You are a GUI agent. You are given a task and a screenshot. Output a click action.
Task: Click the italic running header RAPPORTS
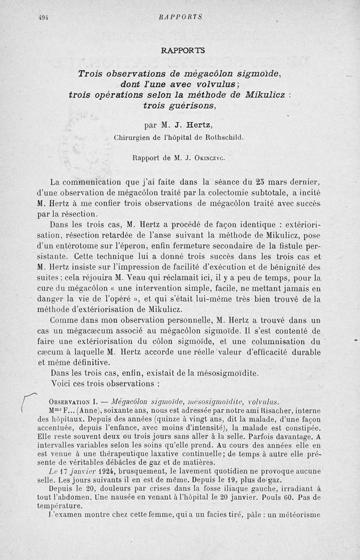coord(180,18)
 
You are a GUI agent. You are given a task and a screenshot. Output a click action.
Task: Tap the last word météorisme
coord(298,515)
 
